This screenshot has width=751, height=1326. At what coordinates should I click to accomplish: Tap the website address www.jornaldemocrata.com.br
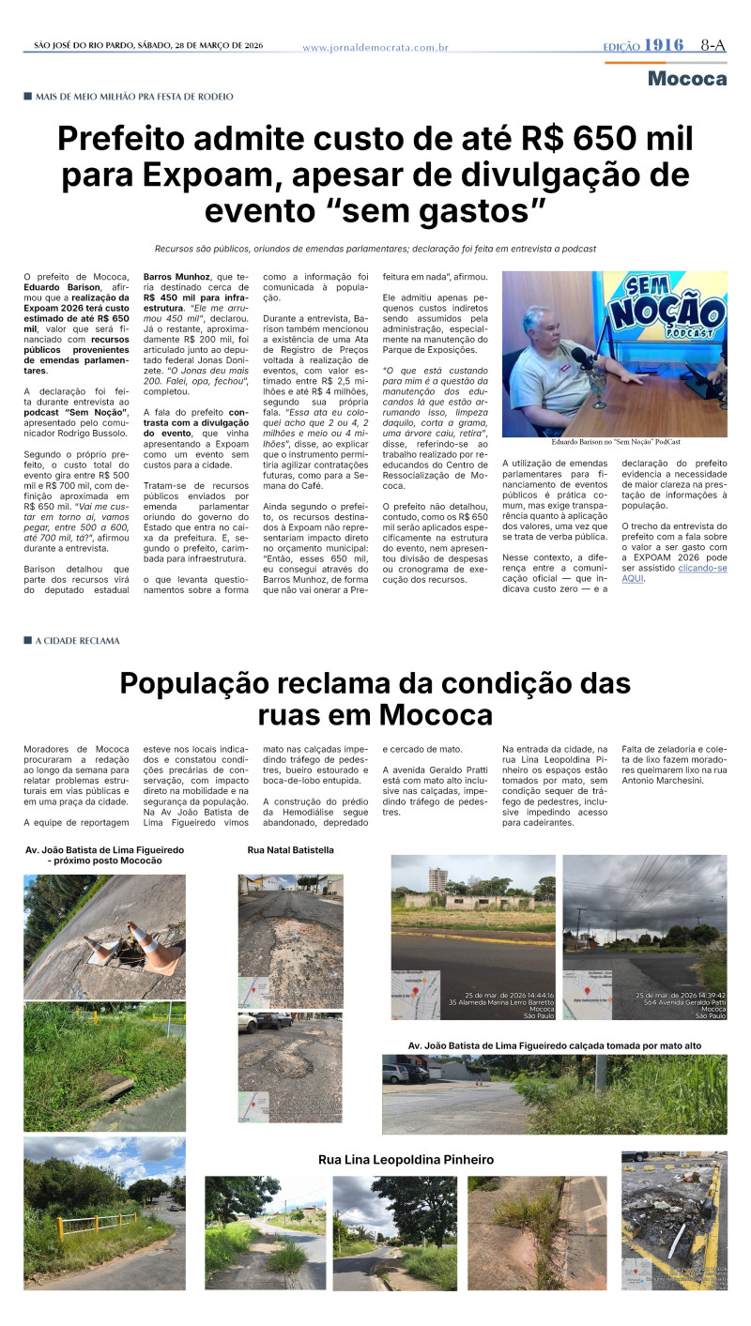coord(375,47)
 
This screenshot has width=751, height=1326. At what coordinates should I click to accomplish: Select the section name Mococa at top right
coord(687,79)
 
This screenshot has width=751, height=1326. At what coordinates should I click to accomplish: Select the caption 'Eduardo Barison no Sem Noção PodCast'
coord(615,441)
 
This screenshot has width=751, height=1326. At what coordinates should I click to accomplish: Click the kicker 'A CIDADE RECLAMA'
coord(77,641)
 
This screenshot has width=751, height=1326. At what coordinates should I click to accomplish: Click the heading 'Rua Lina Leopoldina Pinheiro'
coord(406,1160)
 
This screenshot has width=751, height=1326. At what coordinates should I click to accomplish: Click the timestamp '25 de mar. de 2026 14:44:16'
coord(509,995)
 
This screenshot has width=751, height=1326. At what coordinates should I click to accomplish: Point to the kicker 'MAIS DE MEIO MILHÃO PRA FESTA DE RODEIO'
coord(133,97)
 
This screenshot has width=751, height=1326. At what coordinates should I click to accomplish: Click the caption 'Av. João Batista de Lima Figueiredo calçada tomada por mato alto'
coord(554,1044)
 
